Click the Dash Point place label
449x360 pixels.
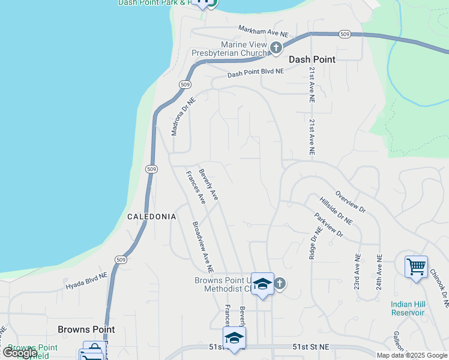(312, 59)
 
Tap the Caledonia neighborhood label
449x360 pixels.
(151, 216)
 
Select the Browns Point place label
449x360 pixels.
(86, 329)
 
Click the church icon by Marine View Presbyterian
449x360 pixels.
(276, 48)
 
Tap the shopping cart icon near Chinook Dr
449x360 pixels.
(416, 266)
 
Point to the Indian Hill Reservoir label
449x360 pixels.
(408, 308)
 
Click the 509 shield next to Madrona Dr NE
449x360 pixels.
(185, 85)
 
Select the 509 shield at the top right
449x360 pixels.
(344, 34)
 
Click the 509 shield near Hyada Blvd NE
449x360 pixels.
(121, 259)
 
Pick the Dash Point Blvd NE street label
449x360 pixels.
(255, 73)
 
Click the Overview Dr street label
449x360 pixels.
(351, 202)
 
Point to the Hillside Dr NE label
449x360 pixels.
(336, 211)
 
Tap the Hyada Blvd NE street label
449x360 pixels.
(86, 281)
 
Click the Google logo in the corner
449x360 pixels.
(19, 353)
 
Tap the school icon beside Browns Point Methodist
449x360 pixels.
(262, 284)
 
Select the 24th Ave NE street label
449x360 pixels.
(379, 272)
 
